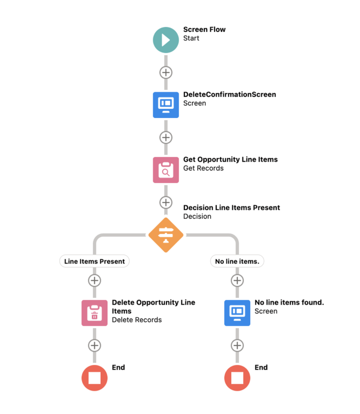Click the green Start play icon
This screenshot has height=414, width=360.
click(x=165, y=40)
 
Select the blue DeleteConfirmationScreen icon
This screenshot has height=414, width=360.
click(x=165, y=105)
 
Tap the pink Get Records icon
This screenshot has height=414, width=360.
click(x=165, y=170)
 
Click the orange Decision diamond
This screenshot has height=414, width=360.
click(x=165, y=235)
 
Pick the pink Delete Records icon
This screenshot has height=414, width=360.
click(x=94, y=313)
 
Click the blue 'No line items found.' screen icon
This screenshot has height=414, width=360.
click(x=237, y=313)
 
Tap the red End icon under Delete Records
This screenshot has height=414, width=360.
click(x=94, y=378)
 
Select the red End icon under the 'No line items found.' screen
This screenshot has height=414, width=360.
click(x=237, y=378)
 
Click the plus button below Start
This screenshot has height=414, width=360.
click(x=165, y=72)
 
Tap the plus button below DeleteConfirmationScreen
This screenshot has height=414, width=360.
click(x=165, y=137)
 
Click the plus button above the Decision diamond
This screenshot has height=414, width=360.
click(x=165, y=203)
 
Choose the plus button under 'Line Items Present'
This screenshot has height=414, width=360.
click(x=94, y=280)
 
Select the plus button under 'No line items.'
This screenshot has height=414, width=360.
click(x=237, y=280)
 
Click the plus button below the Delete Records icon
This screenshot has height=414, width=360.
click(x=94, y=346)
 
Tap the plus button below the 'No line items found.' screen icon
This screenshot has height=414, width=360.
click(x=237, y=346)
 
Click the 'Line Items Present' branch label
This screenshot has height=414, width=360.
click(x=94, y=261)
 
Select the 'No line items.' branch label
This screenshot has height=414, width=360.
click(x=237, y=261)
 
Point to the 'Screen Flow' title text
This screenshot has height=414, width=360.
click(x=204, y=30)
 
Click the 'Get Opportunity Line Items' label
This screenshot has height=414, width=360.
click(x=230, y=160)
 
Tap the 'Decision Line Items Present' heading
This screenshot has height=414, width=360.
click(x=231, y=208)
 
